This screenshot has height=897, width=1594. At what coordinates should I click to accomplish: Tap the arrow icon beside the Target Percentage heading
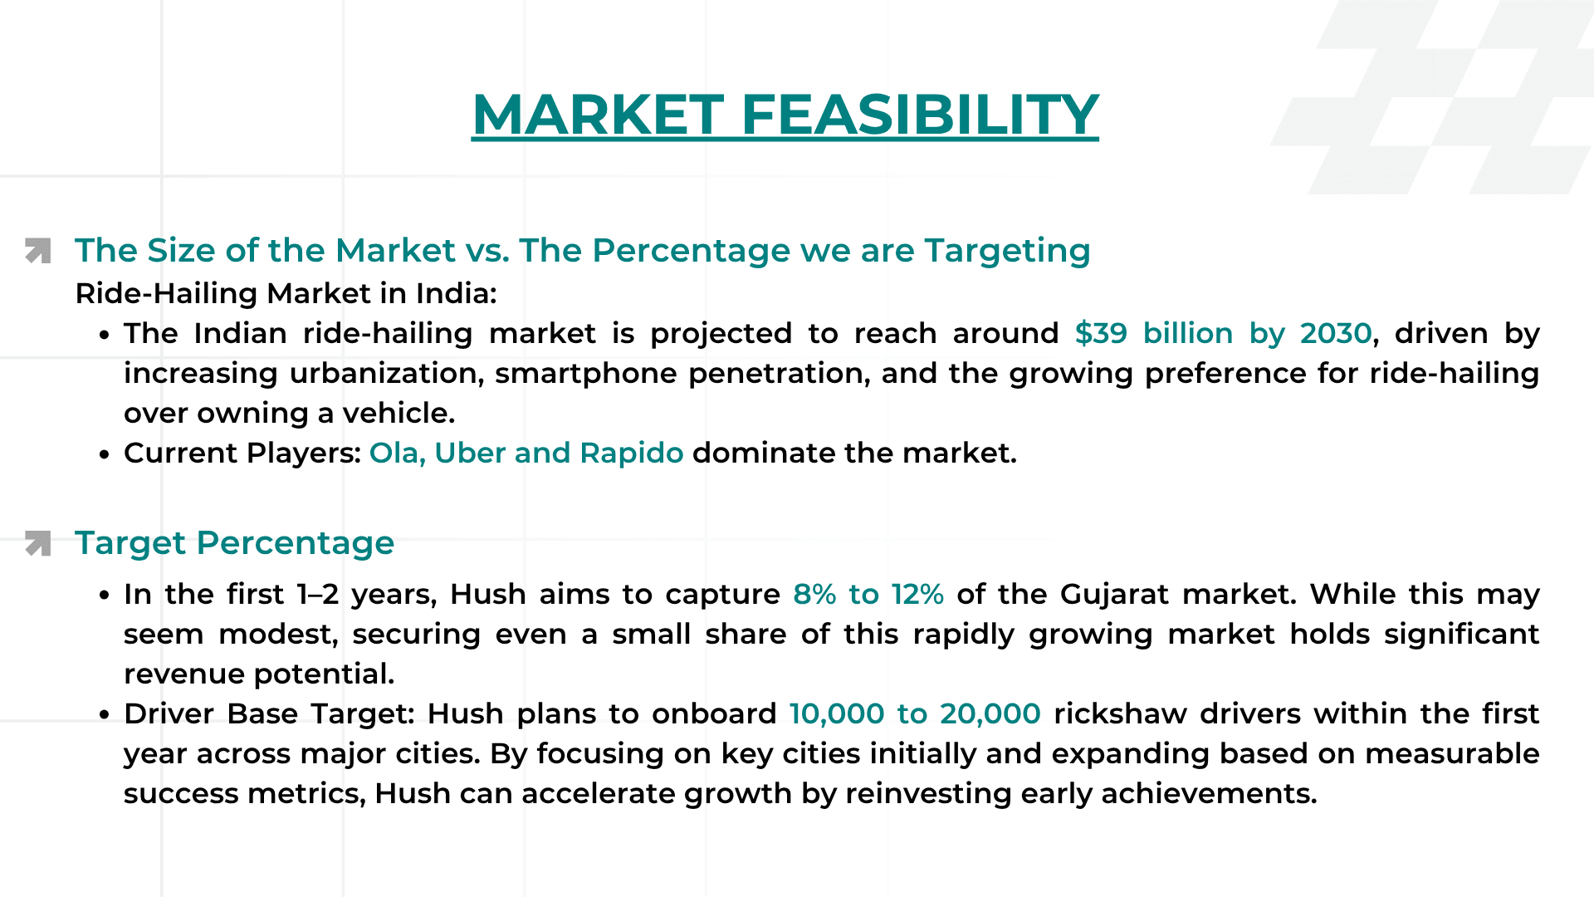pyautogui.click(x=38, y=543)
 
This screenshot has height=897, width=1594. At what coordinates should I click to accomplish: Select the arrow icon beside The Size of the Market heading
pyautogui.click(x=38, y=251)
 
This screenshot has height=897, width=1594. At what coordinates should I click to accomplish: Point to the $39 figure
pyautogui.click(x=1101, y=334)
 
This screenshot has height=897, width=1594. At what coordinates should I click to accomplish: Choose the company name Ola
pyautogui.click(x=395, y=453)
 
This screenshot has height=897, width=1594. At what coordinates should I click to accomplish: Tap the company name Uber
pyautogui.click(x=470, y=453)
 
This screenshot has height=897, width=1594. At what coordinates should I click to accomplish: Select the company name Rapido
pyautogui.click(x=631, y=453)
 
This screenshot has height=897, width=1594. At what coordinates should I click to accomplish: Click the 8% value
pyautogui.click(x=814, y=595)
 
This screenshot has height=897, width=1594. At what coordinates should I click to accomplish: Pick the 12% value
pyautogui.click(x=917, y=595)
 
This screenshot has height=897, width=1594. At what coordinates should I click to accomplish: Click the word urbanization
pyautogui.click(x=387, y=374)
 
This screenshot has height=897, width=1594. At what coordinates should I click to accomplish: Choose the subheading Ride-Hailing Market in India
pyautogui.click(x=286, y=294)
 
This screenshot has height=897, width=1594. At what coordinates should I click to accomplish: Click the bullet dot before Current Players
pyautogui.click(x=104, y=455)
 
